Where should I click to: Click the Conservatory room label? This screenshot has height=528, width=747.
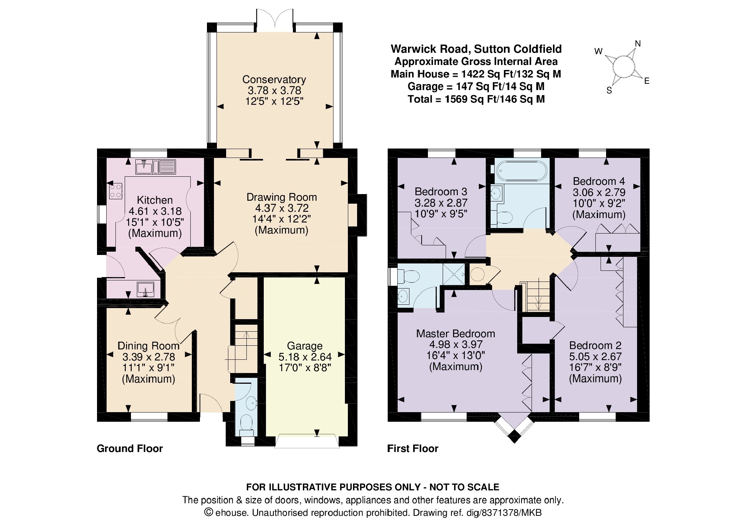[x=274, y=79]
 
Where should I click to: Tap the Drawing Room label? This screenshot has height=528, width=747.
[x=281, y=197]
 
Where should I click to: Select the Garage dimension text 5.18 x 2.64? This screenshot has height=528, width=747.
[x=305, y=357]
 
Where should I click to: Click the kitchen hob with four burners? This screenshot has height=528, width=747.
[x=115, y=191]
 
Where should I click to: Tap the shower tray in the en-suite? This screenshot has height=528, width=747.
[x=454, y=274]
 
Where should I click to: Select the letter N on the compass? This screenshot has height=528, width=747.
[x=637, y=44]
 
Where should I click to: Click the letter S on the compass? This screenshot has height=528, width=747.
[x=609, y=90]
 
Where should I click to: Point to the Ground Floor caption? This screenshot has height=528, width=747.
[x=129, y=449]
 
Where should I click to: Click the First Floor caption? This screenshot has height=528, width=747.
[x=413, y=449]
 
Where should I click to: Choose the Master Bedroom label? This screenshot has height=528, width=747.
[x=456, y=334]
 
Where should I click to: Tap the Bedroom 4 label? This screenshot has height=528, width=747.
[x=599, y=181]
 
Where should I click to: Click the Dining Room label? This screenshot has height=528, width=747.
[x=148, y=346]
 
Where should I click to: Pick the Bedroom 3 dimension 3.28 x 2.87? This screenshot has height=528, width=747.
[x=441, y=203]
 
